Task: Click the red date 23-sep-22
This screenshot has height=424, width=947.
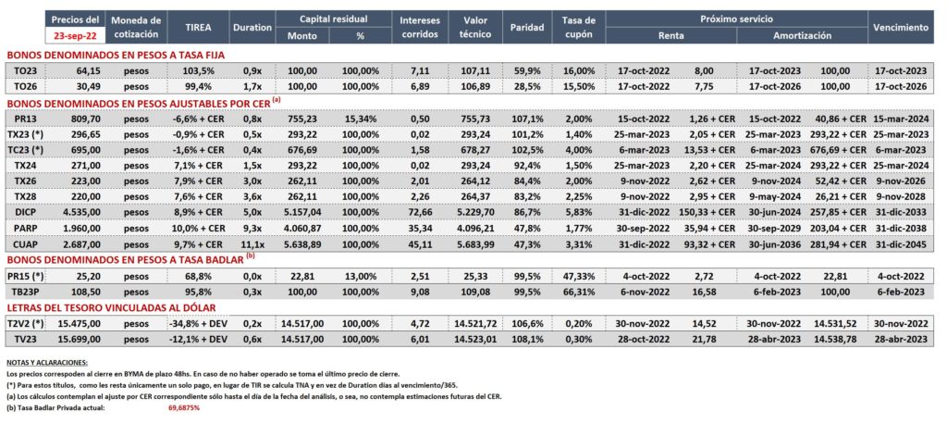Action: point(75,36)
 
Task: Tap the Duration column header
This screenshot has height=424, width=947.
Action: point(252,27)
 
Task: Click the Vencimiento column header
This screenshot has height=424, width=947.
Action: point(900,27)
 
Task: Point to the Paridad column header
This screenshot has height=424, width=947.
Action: point(526,27)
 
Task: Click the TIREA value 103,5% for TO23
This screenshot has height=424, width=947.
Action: point(199,70)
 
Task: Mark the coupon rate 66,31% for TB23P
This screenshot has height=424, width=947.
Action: point(579,291)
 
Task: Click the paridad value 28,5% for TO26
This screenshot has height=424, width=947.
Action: point(526,86)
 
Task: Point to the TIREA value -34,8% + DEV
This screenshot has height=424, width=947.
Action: point(198,324)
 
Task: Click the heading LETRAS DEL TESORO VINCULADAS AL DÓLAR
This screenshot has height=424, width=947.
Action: point(111,307)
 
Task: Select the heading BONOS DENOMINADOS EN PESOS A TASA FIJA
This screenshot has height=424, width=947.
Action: point(116,55)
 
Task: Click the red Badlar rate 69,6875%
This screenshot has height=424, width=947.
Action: point(184,407)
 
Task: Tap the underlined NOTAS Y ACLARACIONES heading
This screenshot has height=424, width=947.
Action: point(46,363)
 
